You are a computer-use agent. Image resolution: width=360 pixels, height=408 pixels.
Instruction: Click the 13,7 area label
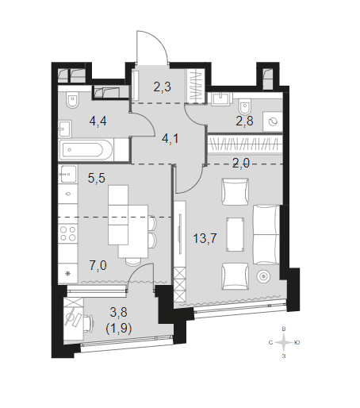[x=205, y=238]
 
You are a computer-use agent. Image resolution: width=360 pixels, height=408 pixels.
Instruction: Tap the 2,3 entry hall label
[x=163, y=87]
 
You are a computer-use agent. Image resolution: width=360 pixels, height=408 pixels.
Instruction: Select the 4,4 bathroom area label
[x=98, y=121]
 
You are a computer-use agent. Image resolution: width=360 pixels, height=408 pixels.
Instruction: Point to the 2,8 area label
[x=244, y=121]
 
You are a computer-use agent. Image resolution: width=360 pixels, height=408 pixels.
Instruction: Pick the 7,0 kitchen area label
[x=98, y=265]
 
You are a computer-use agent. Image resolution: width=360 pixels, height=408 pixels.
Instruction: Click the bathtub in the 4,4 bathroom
[x=82, y=150]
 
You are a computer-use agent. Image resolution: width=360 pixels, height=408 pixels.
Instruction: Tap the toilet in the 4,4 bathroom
[x=73, y=100]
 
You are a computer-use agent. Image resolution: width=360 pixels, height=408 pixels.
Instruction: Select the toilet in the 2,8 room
[x=245, y=106]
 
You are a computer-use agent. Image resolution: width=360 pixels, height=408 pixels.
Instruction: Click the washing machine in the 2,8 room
[x=273, y=122]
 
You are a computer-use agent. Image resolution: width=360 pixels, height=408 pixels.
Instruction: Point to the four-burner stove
[x=68, y=233]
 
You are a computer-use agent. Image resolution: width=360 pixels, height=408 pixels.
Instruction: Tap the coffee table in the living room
[x=235, y=234]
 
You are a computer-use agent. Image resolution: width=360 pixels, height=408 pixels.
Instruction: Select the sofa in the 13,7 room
[x=266, y=234]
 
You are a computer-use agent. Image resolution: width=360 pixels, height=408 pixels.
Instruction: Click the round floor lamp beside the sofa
[x=263, y=277]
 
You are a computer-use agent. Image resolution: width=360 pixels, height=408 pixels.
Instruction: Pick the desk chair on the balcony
[x=89, y=322]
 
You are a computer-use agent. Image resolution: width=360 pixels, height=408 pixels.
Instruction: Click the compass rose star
[x=284, y=343]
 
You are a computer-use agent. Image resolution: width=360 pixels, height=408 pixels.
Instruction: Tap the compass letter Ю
[x=297, y=343]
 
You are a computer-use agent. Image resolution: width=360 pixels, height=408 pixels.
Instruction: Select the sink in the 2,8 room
[x=222, y=99]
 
